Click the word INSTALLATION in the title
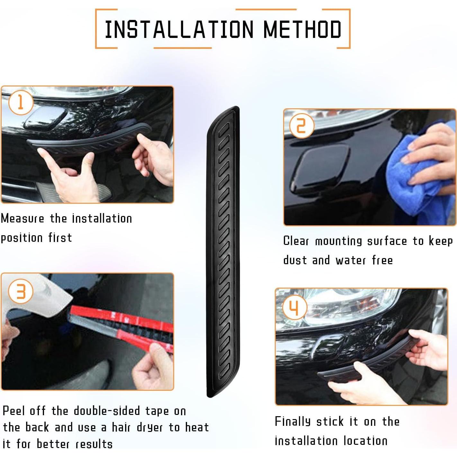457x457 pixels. (179, 29)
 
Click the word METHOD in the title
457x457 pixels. (302, 29)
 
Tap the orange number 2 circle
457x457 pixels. (301, 126)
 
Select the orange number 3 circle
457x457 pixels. (21, 291)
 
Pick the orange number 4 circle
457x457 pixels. (295, 307)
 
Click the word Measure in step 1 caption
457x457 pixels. (22, 219)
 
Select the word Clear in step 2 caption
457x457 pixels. (296, 241)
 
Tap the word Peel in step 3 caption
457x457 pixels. (14, 411)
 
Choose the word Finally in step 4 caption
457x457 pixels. (293, 422)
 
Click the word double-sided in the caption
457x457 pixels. (107, 411)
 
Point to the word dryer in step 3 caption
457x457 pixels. (150, 427)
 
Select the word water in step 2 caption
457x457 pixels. (351, 260)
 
